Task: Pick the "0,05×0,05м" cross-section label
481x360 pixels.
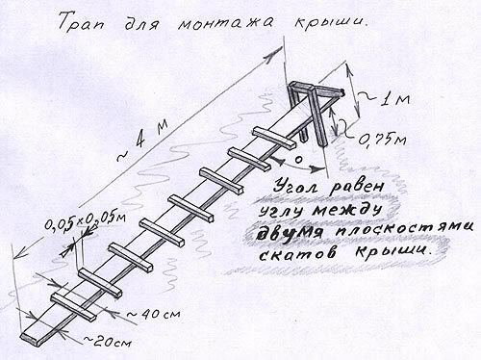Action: click(85, 221)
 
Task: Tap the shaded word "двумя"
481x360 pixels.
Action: click(284, 232)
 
